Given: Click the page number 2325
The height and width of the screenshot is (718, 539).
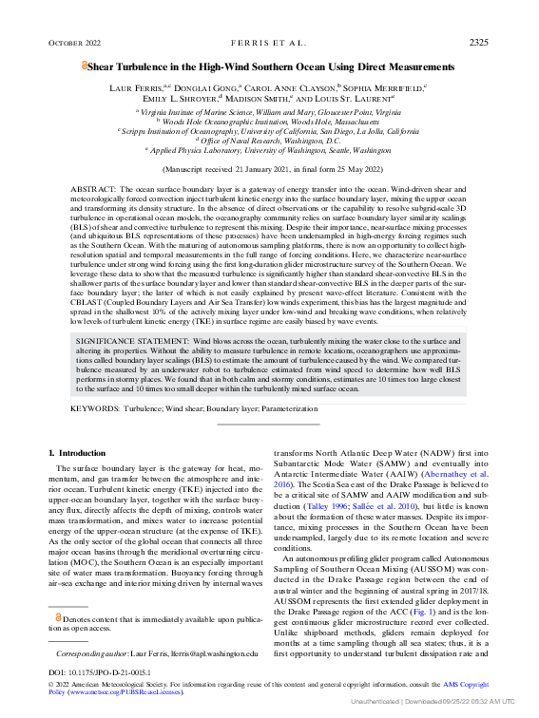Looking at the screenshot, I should click(x=479, y=43).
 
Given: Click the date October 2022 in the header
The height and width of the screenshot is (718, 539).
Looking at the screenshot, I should click(x=73, y=44).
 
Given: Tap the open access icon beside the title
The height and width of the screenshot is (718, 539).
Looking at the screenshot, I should click(x=84, y=67).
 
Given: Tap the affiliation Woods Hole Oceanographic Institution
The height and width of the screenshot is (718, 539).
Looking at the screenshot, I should click(x=271, y=123).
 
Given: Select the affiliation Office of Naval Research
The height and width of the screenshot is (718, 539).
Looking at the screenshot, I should click(x=271, y=141).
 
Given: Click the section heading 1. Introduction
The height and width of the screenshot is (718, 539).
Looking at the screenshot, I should click(x=77, y=454).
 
